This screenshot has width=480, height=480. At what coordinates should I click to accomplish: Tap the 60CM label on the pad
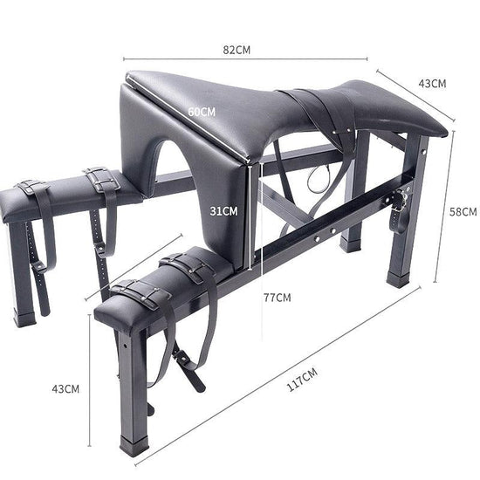pos(202,112)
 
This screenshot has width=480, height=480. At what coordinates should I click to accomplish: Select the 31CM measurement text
pos(223,210)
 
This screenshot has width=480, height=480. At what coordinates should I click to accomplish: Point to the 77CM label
pos(278,297)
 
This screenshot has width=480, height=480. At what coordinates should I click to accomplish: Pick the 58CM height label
pos(463,211)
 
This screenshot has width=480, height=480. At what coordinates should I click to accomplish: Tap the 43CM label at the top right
pos(432,84)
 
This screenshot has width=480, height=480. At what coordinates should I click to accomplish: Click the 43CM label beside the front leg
pos(65,387)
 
